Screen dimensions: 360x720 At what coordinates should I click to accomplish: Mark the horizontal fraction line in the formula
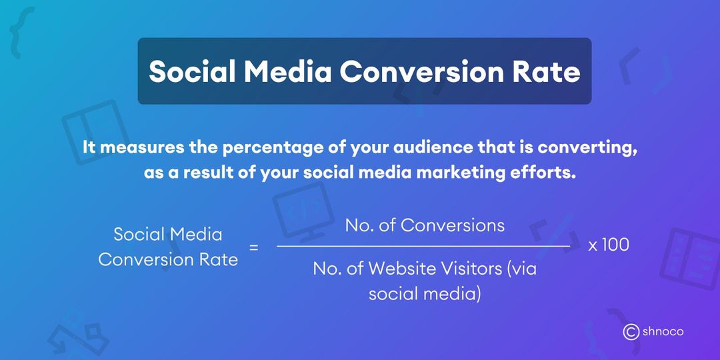click(x=423, y=246)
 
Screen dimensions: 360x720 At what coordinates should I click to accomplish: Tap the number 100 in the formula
click(x=615, y=245)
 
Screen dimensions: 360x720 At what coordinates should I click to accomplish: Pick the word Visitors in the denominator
click(x=470, y=269)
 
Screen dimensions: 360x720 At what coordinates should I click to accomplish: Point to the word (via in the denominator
click(x=522, y=269)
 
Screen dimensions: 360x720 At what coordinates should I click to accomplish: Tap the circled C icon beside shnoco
click(x=631, y=331)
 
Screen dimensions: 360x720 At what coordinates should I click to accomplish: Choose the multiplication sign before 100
click(x=593, y=245)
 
